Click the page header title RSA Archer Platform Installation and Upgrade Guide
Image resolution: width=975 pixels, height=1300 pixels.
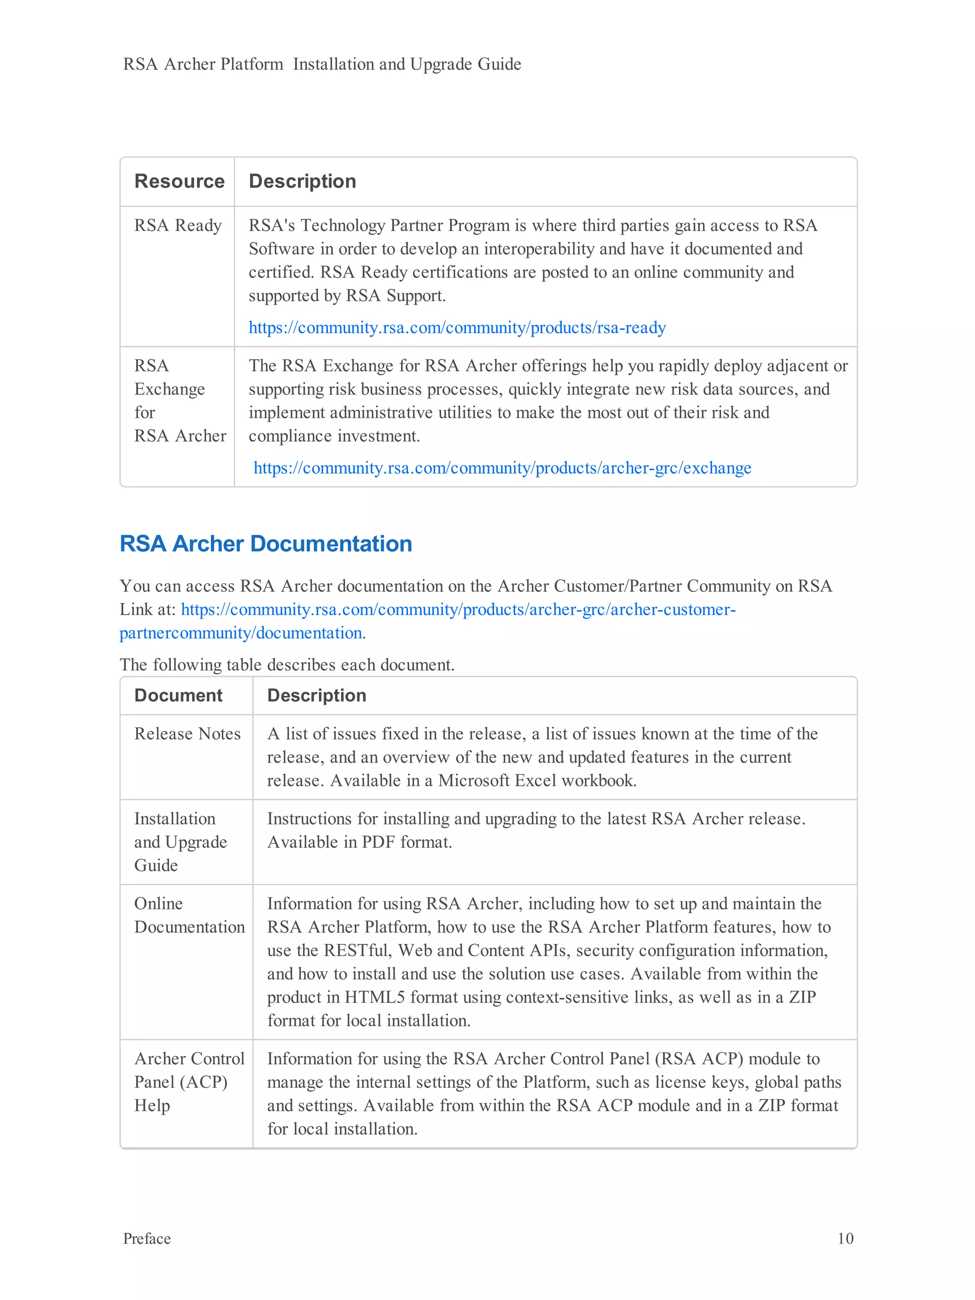(x=321, y=64)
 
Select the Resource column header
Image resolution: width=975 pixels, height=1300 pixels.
(x=179, y=181)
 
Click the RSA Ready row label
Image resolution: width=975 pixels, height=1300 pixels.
(x=178, y=225)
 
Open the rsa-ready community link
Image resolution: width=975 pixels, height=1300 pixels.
(x=457, y=327)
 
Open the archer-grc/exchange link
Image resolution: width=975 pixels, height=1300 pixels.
(x=502, y=468)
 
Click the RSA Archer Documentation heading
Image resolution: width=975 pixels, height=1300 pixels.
(x=266, y=544)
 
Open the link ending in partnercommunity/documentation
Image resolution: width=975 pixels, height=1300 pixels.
(x=241, y=633)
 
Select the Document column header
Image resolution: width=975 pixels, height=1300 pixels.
(x=178, y=695)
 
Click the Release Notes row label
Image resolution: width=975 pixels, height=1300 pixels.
(x=187, y=734)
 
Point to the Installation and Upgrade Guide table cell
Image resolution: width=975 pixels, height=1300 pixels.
(x=180, y=842)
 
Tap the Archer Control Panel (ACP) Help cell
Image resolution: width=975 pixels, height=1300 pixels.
(x=189, y=1082)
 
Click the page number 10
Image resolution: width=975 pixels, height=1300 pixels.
(x=845, y=1238)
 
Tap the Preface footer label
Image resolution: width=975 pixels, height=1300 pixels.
(x=147, y=1238)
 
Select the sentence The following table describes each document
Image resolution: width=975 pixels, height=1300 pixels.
(x=287, y=665)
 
